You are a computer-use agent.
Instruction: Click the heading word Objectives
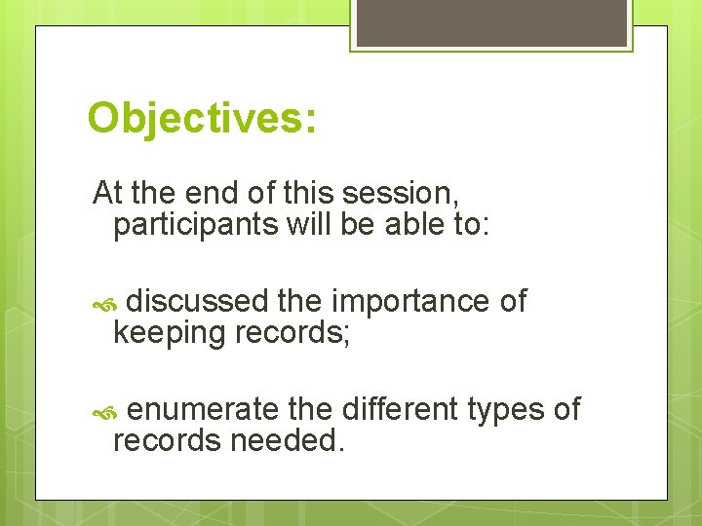coord(201,120)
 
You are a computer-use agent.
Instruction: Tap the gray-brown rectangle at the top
coord(491,21)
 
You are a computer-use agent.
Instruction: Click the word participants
coord(196,225)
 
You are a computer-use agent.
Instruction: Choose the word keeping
coord(169,334)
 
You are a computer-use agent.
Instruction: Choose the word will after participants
coord(309,225)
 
